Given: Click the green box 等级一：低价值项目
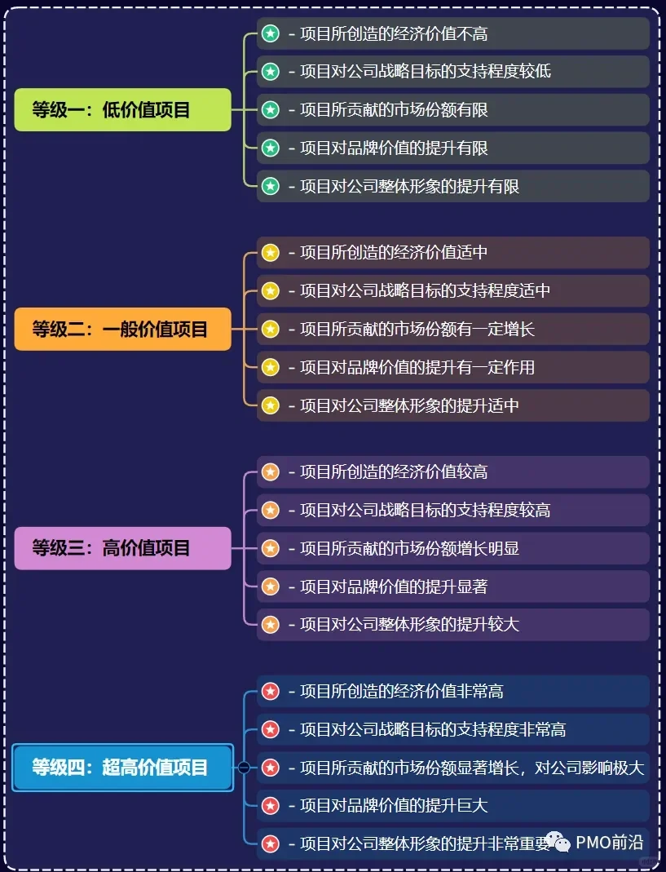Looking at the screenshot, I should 122,110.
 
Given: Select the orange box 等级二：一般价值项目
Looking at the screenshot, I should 122,329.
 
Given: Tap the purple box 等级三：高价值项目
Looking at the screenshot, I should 122,548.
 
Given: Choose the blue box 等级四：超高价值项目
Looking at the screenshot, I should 122,768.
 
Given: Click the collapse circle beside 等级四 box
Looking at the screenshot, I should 244,768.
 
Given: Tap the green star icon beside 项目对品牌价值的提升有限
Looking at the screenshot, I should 271,148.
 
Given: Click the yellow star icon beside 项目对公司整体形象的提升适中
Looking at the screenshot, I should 271,405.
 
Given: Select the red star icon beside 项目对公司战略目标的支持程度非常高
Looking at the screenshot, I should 271,729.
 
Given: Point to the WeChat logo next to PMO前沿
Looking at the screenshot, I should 558,841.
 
